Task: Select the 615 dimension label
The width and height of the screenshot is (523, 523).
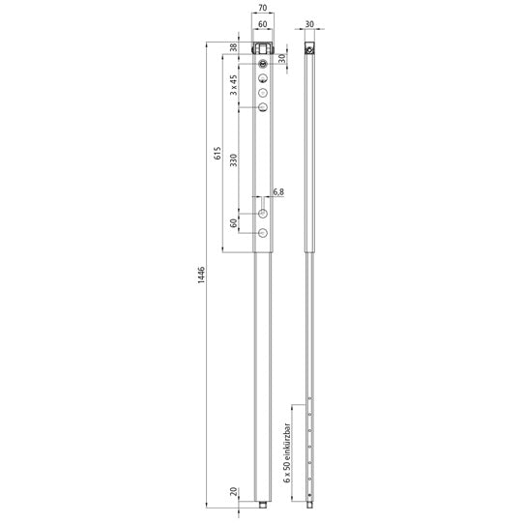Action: click(x=218, y=153)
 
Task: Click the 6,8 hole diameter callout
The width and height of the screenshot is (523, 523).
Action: click(x=278, y=192)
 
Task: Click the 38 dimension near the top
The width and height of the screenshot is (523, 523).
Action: click(x=233, y=47)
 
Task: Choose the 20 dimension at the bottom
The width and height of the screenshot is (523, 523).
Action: click(x=233, y=492)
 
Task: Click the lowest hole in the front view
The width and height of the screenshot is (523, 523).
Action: click(x=262, y=233)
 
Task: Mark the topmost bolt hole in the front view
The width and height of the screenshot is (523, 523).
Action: click(x=262, y=65)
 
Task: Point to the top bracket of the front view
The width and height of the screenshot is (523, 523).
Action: click(x=262, y=48)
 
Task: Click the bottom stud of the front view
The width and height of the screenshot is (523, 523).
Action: click(x=262, y=504)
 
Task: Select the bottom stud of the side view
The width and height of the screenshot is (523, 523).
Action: click(x=309, y=504)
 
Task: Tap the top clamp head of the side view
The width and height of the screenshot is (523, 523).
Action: click(x=309, y=48)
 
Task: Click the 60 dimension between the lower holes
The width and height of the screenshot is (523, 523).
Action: click(x=233, y=222)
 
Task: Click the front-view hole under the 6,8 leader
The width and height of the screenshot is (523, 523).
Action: click(x=262, y=212)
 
